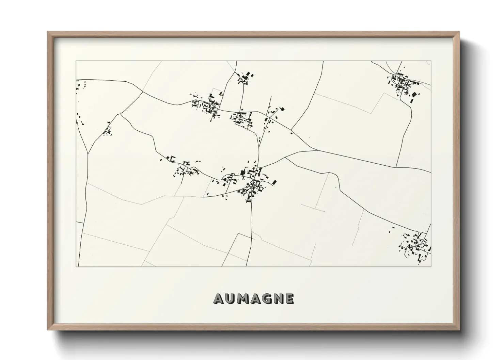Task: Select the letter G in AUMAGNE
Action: tap(266, 299)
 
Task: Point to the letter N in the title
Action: tap(278, 299)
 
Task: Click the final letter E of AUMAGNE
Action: tap(289, 299)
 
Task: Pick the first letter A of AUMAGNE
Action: tap(218, 299)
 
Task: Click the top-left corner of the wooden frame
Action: tap(48, 32)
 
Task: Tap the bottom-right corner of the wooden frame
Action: tap(459, 330)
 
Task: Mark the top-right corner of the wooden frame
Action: tap(459, 32)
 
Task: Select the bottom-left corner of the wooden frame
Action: tap(48, 330)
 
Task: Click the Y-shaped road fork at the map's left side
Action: tap(88, 153)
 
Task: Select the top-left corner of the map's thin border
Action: tap(76, 61)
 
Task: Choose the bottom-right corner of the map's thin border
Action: tap(431, 266)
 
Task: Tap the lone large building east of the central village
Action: tap(273, 182)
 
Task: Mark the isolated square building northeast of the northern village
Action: tap(282, 109)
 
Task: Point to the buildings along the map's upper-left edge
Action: tap(80, 85)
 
